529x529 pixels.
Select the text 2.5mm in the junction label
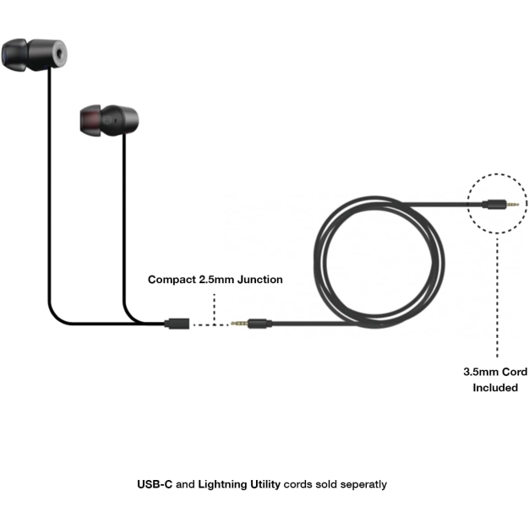pos(216,279)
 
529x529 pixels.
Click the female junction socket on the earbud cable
pos(177,323)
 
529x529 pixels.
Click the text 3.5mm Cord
pos(495,372)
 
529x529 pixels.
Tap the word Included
pos(495,387)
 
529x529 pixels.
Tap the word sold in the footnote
pos(318,484)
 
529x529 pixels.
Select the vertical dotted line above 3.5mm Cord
pos(497,296)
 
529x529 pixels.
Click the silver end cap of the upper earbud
pos(57,55)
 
